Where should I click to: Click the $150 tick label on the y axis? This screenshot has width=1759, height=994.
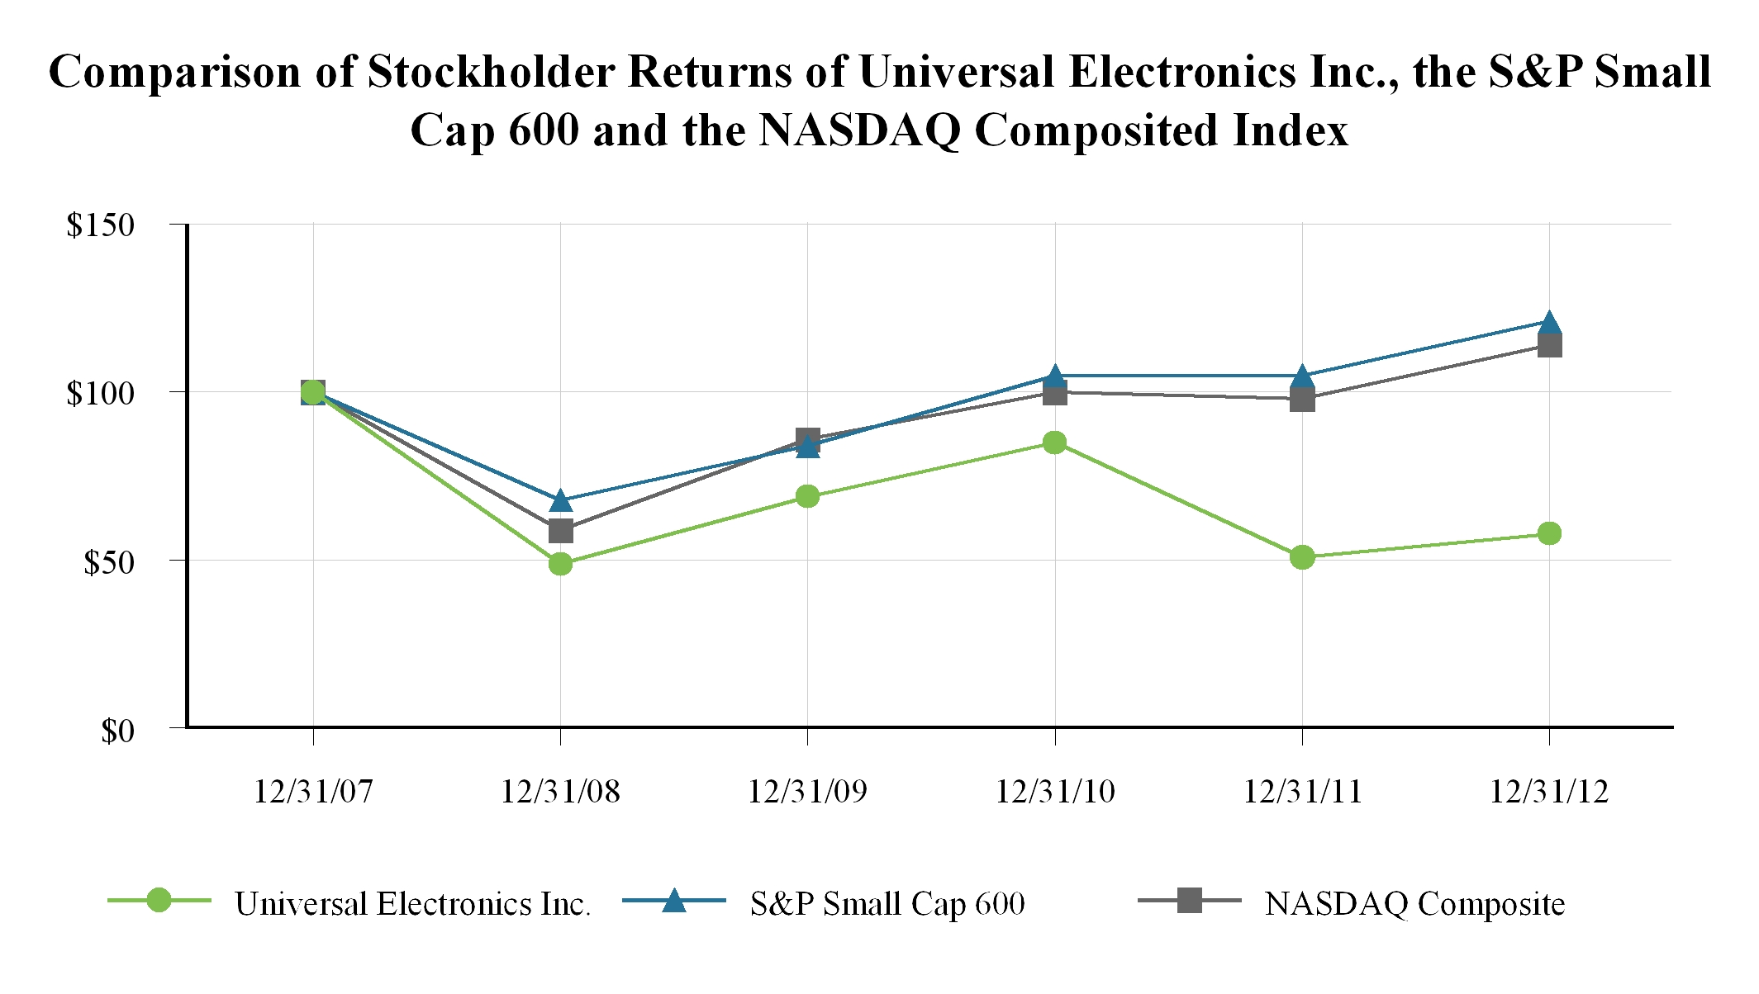pos(100,225)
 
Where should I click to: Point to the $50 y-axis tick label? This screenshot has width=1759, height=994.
pos(108,562)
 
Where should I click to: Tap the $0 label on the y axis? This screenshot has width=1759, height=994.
pos(117,731)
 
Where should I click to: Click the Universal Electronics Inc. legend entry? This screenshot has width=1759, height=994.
pos(412,904)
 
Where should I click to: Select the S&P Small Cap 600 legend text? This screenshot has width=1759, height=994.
pos(887,904)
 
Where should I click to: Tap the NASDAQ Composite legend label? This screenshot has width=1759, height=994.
pos(1414,904)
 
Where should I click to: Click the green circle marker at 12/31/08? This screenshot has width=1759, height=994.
pos(560,564)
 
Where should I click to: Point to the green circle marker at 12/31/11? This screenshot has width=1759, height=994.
pos(1302,557)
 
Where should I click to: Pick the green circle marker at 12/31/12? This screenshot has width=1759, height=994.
pos(1549,533)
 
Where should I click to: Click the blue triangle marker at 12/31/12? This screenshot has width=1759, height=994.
pos(1549,322)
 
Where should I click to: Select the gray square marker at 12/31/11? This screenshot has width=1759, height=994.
pos(1302,400)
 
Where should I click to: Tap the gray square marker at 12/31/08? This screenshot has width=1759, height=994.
pos(560,530)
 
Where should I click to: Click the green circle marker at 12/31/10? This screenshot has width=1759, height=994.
pos(1054,443)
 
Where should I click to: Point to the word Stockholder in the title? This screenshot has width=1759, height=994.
pos(491,72)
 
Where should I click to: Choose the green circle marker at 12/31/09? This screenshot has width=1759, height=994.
pos(807,496)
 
